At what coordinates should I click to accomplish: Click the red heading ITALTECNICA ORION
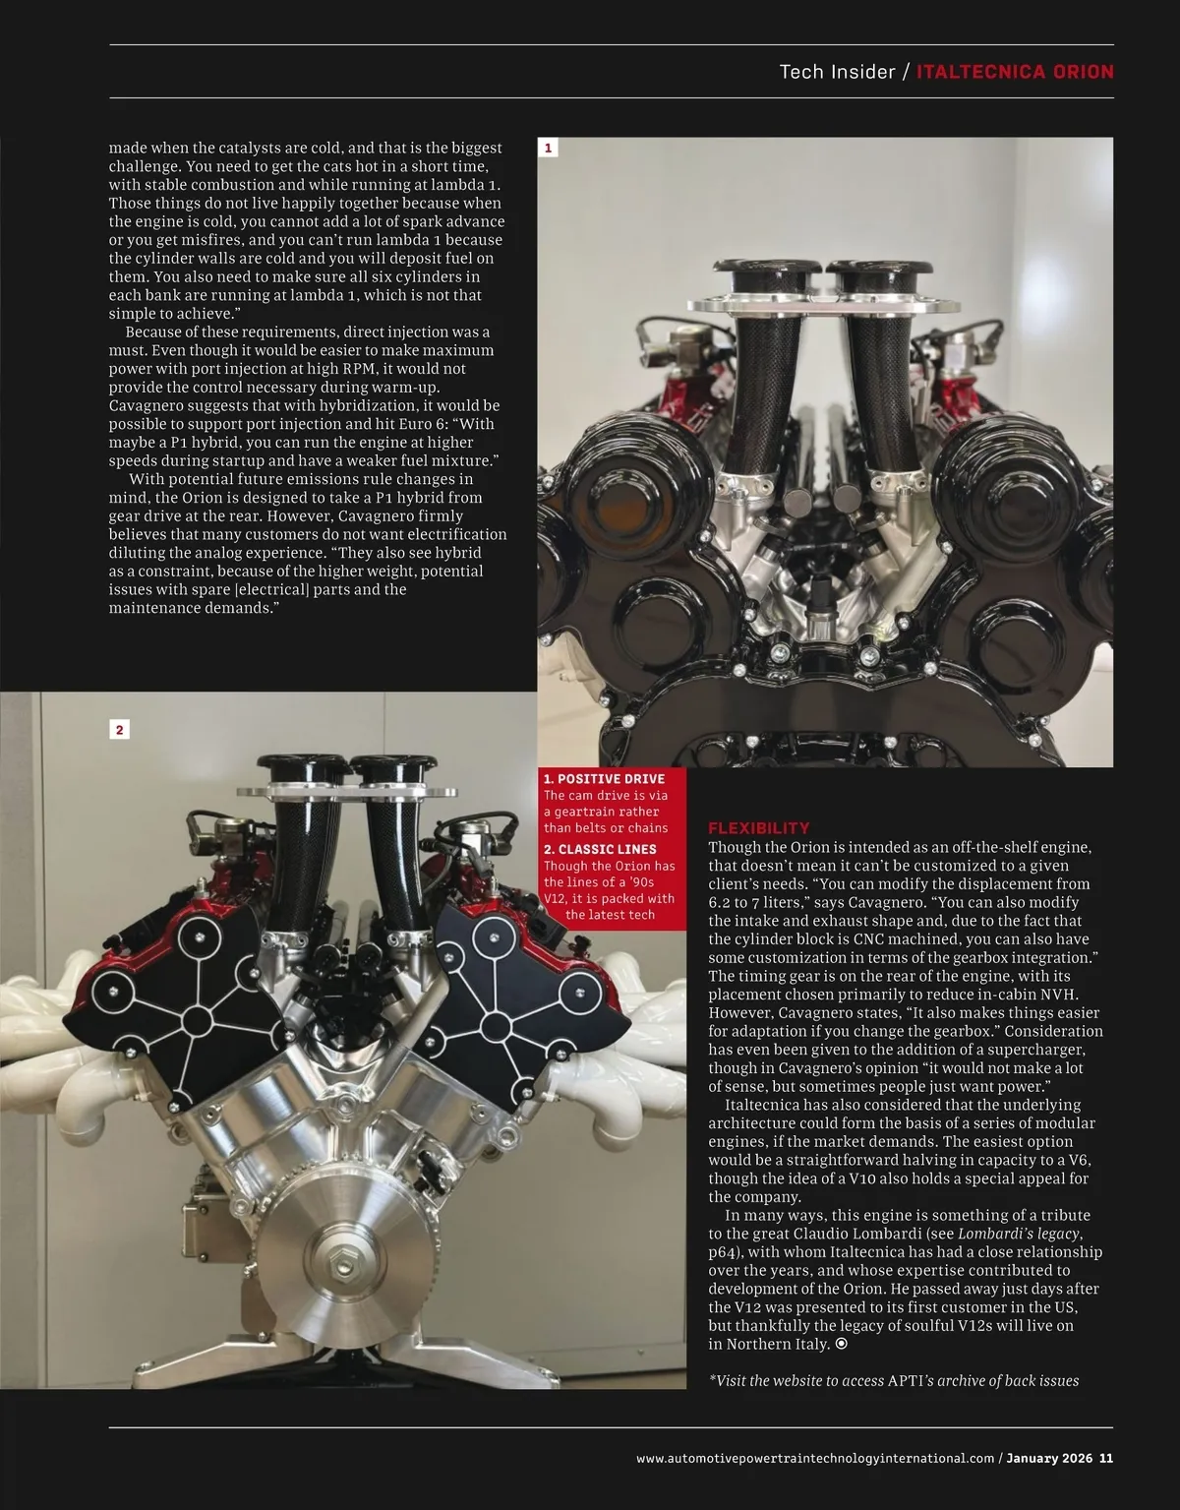click(x=1015, y=72)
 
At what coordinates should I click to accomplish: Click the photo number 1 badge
click(x=549, y=148)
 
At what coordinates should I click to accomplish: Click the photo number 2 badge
click(x=119, y=729)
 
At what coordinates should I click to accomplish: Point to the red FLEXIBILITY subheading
click(x=759, y=828)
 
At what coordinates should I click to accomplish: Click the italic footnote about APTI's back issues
click(x=893, y=1380)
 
